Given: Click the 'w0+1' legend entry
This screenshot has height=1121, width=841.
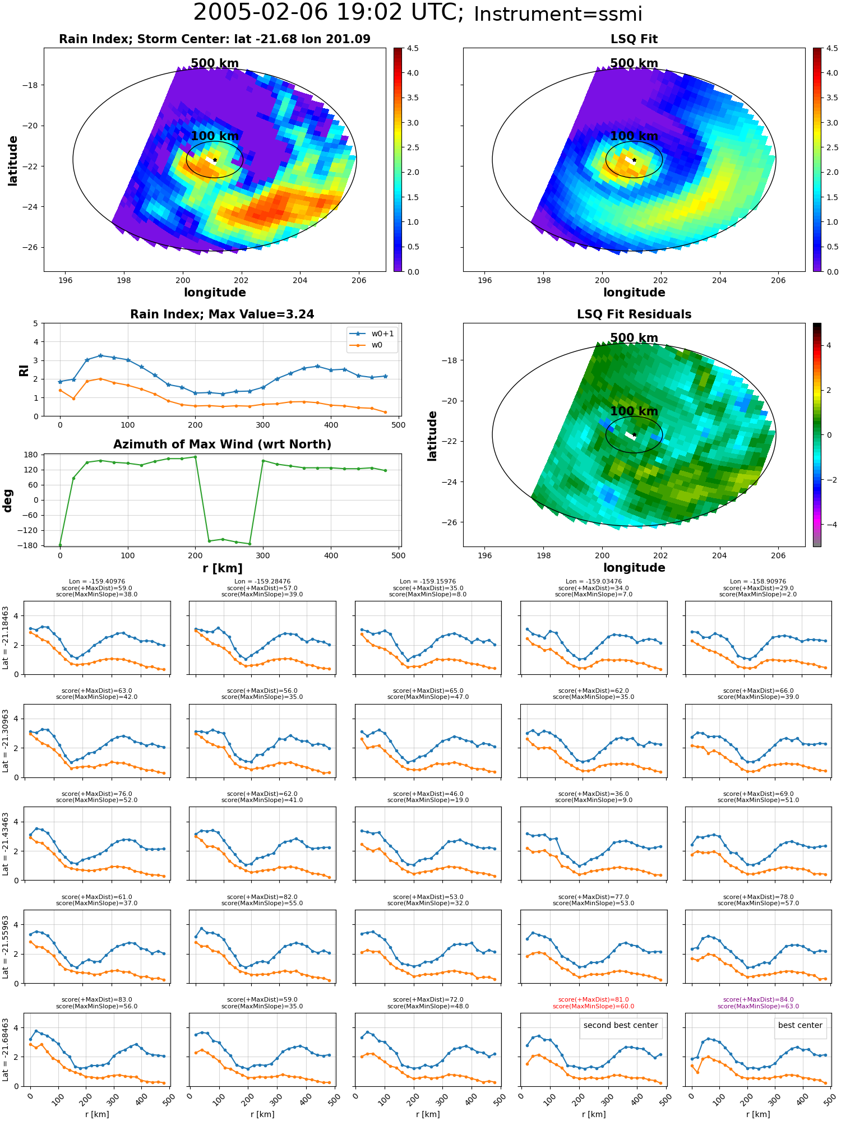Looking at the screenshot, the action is [x=382, y=333].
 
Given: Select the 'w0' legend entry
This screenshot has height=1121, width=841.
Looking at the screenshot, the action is [x=377, y=345].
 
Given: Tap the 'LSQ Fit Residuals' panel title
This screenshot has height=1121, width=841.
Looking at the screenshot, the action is [x=634, y=314].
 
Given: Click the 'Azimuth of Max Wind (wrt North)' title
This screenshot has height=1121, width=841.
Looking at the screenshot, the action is [x=222, y=444].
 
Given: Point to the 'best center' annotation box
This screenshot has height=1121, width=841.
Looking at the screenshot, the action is [x=800, y=1025].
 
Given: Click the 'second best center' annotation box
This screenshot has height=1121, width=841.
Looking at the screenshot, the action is [x=621, y=1025].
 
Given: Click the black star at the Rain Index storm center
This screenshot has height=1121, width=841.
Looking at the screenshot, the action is [x=215, y=160].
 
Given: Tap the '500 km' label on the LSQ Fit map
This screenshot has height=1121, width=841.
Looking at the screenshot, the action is [x=634, y=63].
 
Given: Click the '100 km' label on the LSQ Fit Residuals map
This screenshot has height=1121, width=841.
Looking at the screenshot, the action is [x=634, y=411].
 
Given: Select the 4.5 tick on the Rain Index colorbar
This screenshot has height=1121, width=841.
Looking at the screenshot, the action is [x=413, y=48].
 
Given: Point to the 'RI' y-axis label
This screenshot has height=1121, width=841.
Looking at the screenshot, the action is [x=24, y=370].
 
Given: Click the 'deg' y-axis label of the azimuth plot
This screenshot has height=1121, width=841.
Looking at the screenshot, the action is [x=8, y=500].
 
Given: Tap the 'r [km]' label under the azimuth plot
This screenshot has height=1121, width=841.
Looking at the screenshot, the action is [x=222, y=568].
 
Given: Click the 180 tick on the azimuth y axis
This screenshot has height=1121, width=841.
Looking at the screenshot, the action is [x=31, y=455].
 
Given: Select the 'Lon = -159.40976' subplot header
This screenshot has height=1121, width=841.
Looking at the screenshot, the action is [x=97, y=581].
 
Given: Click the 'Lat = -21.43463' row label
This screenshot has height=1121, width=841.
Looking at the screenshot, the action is [x=6, y=844].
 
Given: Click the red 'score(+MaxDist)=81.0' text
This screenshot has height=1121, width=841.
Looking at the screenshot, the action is [x=594, y=999].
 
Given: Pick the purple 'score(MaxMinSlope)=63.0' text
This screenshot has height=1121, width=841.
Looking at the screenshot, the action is [x=759, y=1006].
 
